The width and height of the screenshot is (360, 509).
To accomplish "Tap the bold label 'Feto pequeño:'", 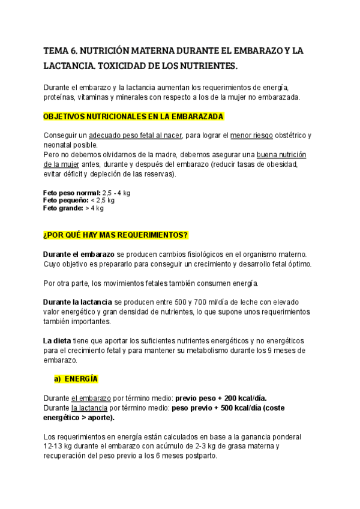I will [65, 200].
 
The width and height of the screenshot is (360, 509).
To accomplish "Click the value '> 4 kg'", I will [95, 208].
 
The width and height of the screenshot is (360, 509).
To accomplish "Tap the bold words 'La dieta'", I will [57, 340].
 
